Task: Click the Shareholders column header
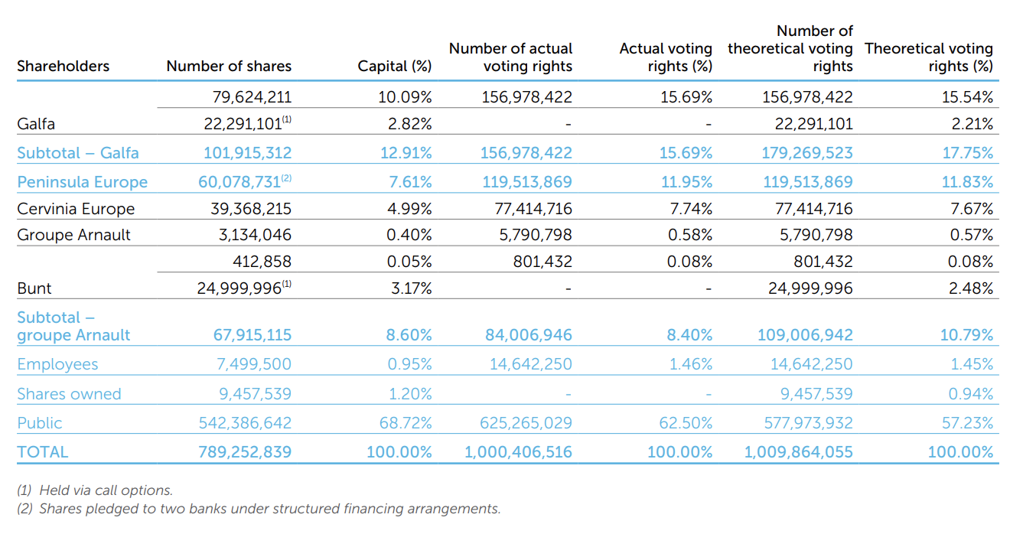coord(64,66)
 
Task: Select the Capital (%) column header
coord(395,66)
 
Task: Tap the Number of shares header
coord(229,66)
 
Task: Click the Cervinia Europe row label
coord(76,209)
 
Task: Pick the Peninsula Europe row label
coord(83,182)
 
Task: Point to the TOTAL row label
coord(43,452)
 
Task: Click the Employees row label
coord(58,364)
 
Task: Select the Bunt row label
coord(34,288)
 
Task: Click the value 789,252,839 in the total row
coord(245,452)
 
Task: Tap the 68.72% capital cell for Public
coord(406,423)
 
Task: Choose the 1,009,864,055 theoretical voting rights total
coord(798,452)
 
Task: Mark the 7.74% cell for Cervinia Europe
coord(691,209)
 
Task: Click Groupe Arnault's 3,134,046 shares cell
coord(256,235)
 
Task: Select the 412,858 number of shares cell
coord(262,262)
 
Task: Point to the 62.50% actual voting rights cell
coord(686,423)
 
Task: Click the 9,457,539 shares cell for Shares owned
coord(256,394)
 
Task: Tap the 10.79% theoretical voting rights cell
coord(966,335)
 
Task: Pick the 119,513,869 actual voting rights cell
coord(527,182)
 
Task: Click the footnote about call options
coord(95,490)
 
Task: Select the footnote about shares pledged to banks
coord(259,509)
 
